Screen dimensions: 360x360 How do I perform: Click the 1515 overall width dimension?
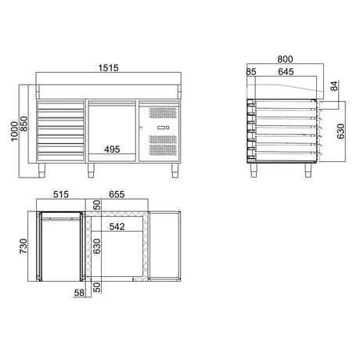(x=109, y=69)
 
